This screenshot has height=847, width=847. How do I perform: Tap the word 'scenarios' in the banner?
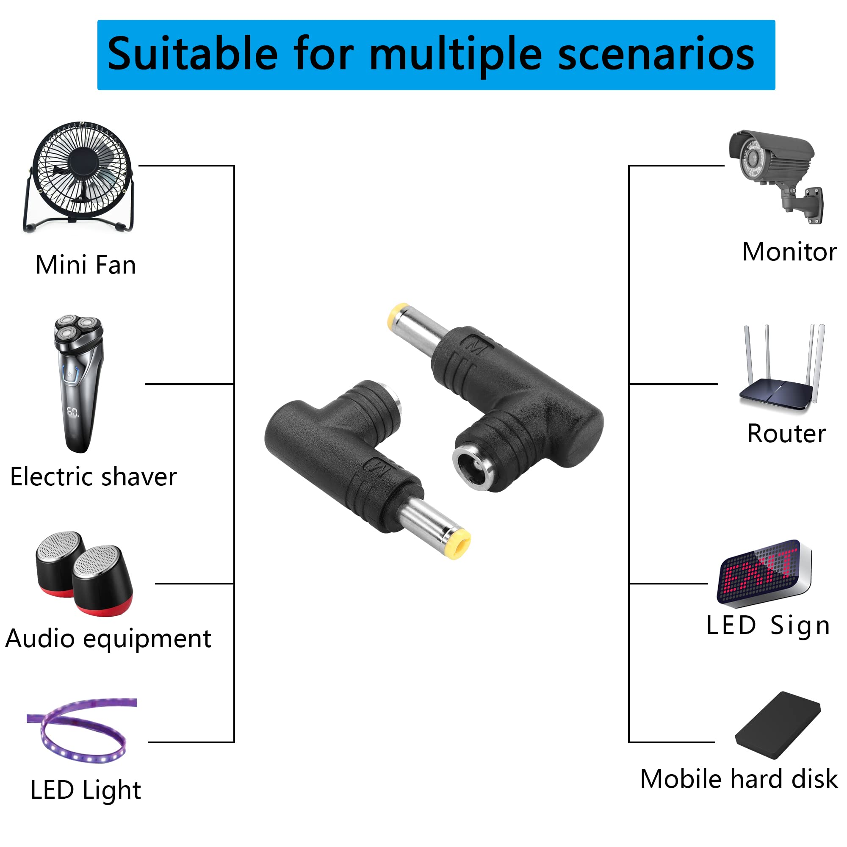pyautogui.click(x=656, y=54)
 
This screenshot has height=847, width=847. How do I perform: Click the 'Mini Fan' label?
pyautogui.click(x=86, y=265)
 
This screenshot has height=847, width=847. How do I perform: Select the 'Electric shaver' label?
pyautogui.click(x=93, y=477)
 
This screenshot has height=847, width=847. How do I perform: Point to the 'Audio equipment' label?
pyautogui.click(x=108, y=639)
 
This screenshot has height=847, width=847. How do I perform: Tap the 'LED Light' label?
pyautogui.click(x=86, y=790)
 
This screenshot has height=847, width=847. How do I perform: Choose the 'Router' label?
pyautogui.click(x=786, y=434)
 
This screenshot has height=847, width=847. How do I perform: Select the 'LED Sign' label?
pyautogui.click(x=768, y=625)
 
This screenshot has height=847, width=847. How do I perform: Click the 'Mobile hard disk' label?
pyautogui.click(x=739, y=779)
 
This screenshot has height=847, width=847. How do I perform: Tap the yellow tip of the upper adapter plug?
pyautogui.click(x=398, y=316)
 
